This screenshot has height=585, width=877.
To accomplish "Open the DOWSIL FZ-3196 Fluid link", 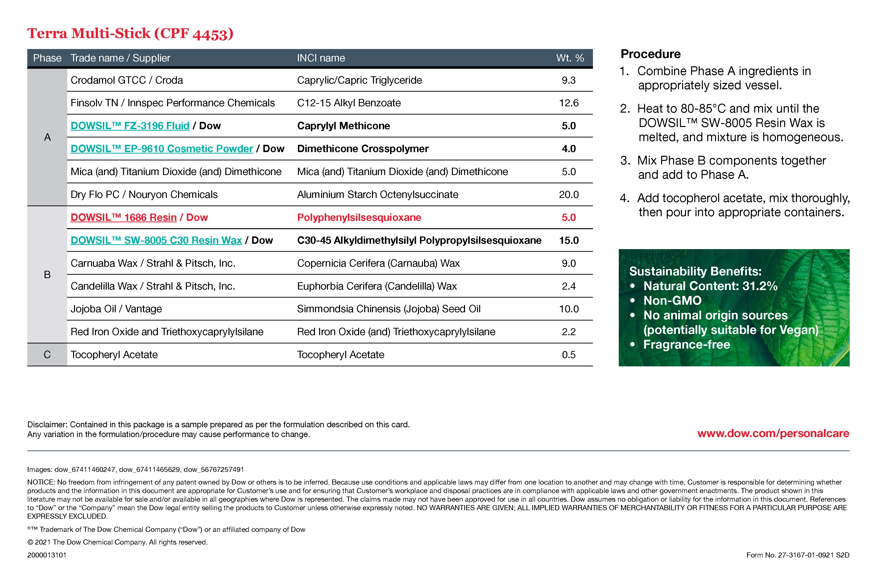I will (x=130, y=126).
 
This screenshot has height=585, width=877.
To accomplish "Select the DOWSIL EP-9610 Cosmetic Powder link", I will (x=162, y=148).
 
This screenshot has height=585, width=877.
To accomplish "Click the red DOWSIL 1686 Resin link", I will (x=124, y=217).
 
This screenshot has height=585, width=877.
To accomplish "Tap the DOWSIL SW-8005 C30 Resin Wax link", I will (x=156, y=240).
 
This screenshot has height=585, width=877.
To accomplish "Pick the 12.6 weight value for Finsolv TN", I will (x=569, y=103).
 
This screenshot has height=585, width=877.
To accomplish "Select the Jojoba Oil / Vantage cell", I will (x=116, y=309).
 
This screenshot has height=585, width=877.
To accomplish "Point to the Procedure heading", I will (x=650, y=54).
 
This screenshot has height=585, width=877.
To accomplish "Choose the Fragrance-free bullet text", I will (x=686, y=345).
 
